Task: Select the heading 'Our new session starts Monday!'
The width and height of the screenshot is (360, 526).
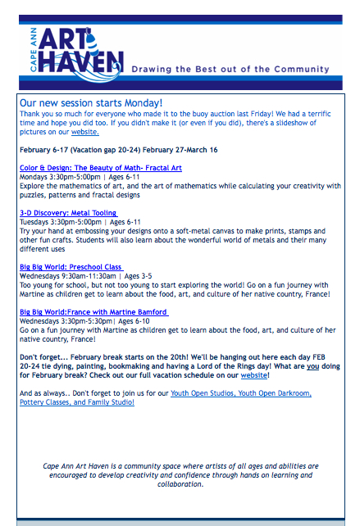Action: point(91,103)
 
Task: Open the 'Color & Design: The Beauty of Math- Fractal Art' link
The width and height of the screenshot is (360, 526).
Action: point(101,168)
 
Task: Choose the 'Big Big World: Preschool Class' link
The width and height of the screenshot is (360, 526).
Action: point(71,267)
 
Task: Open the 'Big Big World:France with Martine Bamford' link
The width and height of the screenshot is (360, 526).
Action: point(93,312)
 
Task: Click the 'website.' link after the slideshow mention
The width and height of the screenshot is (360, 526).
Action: point(84,131)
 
